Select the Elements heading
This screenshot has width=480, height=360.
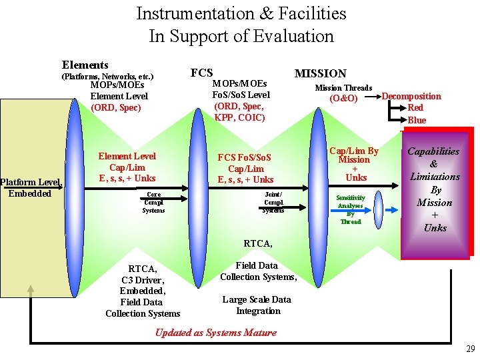(x=85, y=65)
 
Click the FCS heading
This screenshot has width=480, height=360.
(x=201, y=73)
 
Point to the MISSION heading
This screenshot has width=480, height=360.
(x=321, y=73)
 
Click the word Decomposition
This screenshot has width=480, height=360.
(x=411, y=96)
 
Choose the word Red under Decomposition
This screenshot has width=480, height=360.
(x=415, y=107)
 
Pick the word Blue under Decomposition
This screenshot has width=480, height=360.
(x=417, y=120)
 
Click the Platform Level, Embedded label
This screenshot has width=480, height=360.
(x=31, y=188)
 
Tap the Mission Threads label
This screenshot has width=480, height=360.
(x=343, y=88)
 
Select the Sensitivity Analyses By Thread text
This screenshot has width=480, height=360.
(x=350, y=209)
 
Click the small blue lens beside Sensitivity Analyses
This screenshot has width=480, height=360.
(x=379, y=210)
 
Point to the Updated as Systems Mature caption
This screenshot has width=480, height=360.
(x=215, y=333)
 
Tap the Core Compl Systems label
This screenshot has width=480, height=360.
(x=153, y=202)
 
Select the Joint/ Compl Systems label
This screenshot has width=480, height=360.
(x=273, y=202)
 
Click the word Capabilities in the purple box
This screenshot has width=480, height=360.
(x=434, y=151)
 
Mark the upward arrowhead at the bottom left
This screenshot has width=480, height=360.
(x=30, y=289)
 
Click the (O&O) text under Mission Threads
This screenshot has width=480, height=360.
(x=343, y=99)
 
